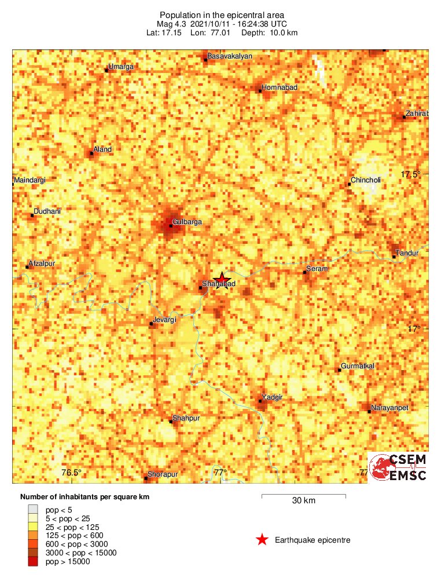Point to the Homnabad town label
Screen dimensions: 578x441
[280, 87]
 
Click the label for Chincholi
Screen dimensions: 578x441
[367, 180]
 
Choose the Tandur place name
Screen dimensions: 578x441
[406, 253]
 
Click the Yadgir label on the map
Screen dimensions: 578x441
[272, 397]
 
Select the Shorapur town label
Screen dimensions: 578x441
[163, 474]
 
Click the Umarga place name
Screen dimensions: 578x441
[122, 67]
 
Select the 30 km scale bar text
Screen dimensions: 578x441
[303, 501]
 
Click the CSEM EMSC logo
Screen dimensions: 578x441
[399, 467]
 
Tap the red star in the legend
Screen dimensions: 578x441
[262, 540]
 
